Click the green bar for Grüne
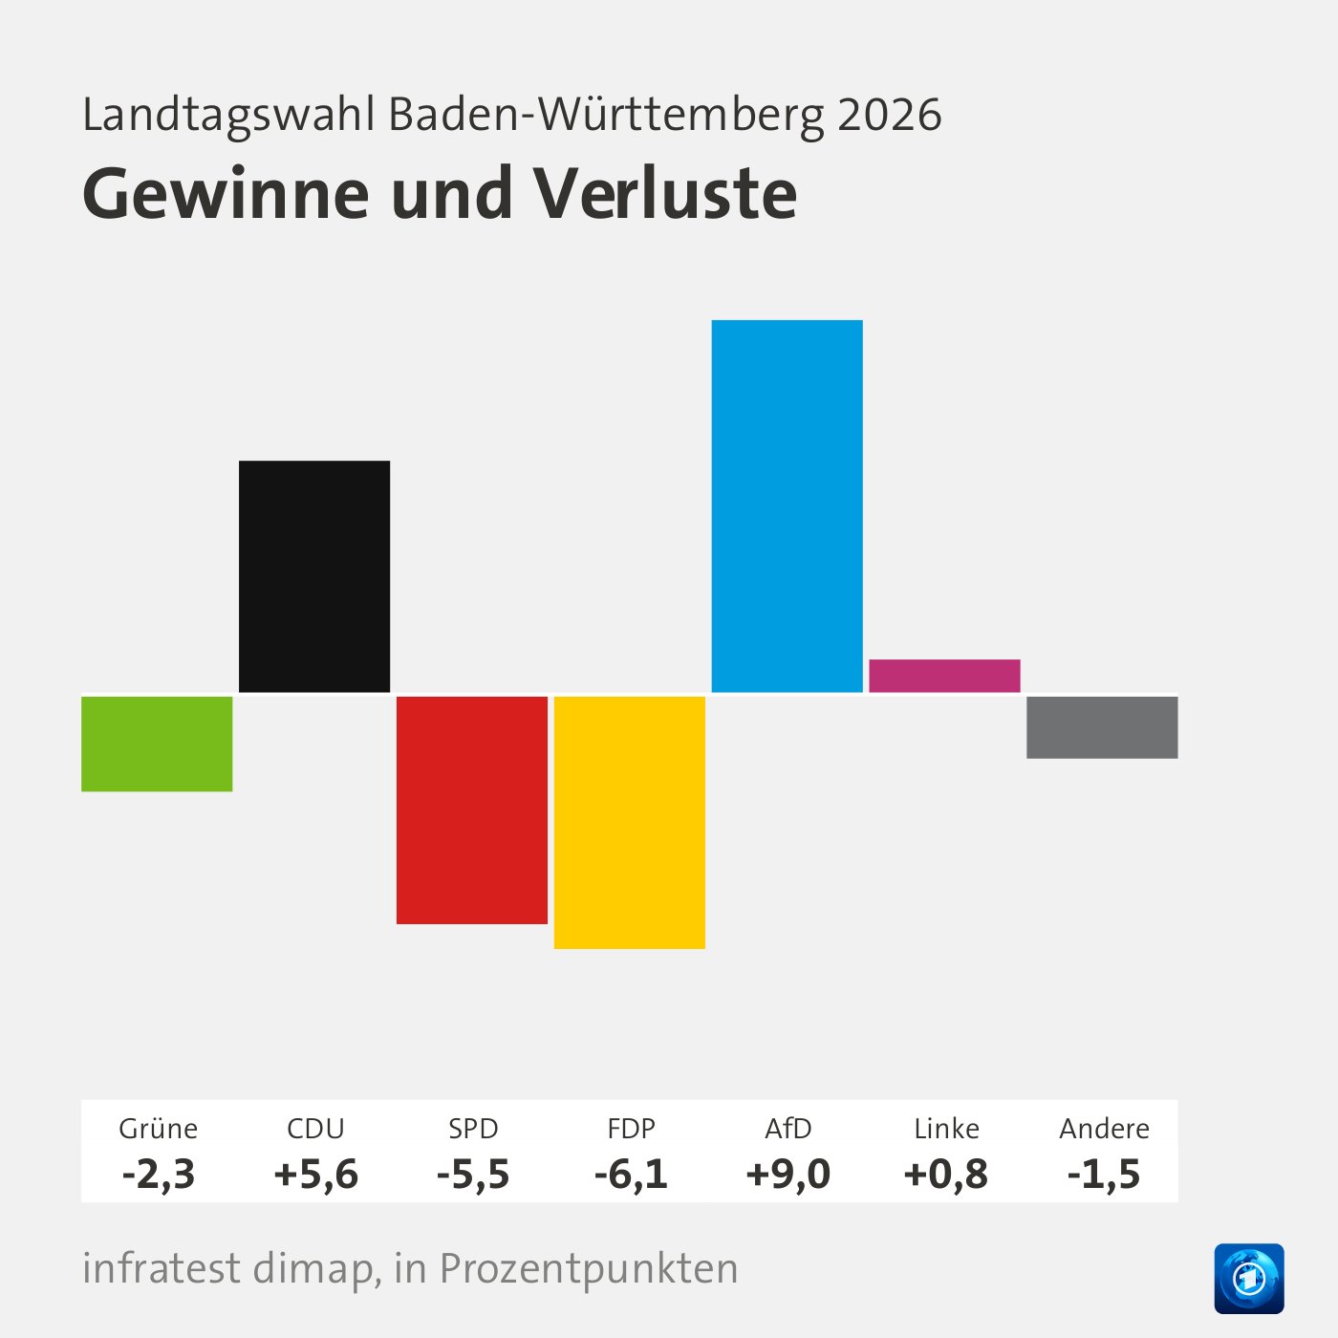(x=157, y=744)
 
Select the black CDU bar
(x=314, y=576)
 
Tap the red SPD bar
(x=472, y=809)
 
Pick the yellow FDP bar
(x=630, y=822)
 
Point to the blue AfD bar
(x=788, y=506)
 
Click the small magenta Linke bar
(x=944, y=676)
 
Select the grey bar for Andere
(x=1102, y=727)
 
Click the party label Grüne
(x=159, y=1129)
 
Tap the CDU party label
(x=315, y=1129)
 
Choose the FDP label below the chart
(x=631, y=1129)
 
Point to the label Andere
(x=1104, y=1129)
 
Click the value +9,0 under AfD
(x=788, y=1174)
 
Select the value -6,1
(x=631, y=1174)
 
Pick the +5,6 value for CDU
(x=315, y=1174)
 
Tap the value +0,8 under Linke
(x=946, y=1174)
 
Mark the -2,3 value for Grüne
(x=159, y=1174)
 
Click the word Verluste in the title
(x=665, y=194)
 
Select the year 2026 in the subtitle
(x=890, y=115)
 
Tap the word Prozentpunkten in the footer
(x=589, y=1269)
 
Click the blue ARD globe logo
(x=1249, y=1278)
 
